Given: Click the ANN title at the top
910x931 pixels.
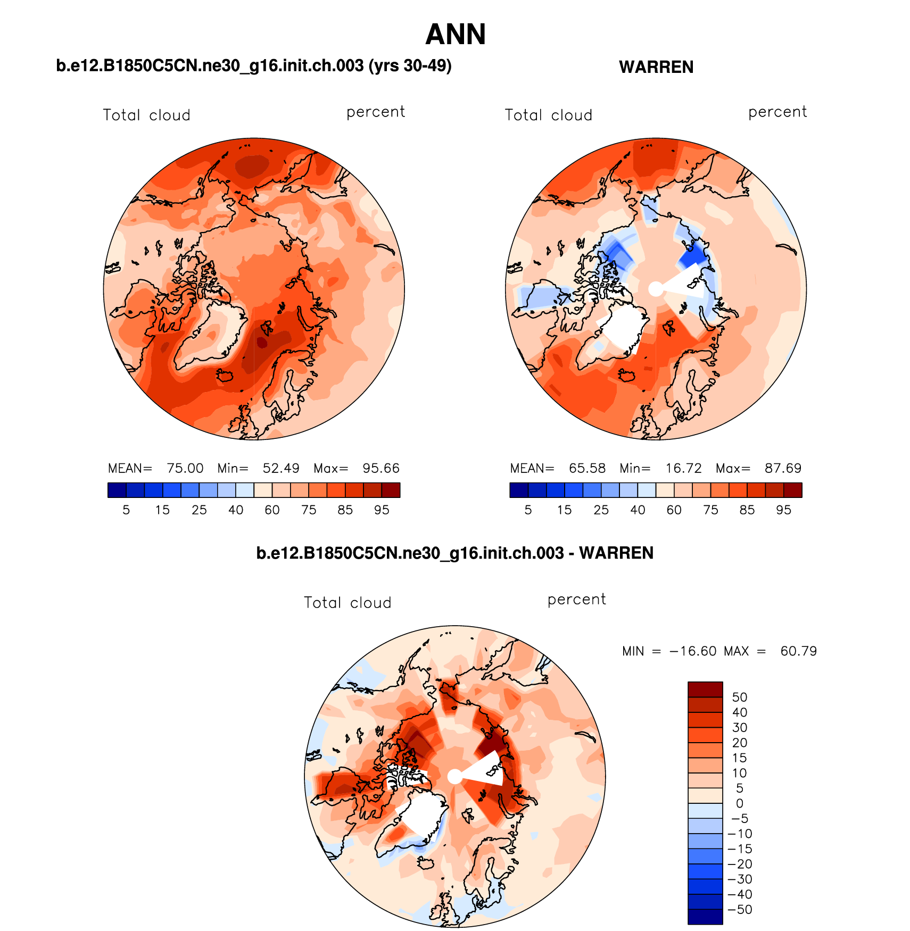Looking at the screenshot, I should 456,35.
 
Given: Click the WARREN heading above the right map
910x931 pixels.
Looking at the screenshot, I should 656,67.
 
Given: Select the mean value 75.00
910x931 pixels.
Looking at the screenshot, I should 185,468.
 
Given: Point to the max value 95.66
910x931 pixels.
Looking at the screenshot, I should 380,468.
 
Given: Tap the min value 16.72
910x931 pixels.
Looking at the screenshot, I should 683,468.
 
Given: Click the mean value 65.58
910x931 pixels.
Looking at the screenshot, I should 587,468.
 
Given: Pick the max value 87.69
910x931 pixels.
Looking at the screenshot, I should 783,468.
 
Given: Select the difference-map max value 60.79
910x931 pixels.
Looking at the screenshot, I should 798,651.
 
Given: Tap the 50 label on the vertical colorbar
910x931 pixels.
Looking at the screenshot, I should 739,697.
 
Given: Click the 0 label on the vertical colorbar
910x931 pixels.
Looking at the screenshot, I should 739,803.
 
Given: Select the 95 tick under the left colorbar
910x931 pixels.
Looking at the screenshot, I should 382,510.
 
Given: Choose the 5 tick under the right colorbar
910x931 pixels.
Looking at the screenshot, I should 528,510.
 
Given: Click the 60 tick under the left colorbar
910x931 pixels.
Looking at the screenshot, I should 272,510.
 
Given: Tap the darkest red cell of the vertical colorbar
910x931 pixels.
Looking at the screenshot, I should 705,689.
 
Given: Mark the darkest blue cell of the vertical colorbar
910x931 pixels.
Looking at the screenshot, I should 705,917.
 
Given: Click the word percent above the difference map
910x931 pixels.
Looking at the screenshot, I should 576,600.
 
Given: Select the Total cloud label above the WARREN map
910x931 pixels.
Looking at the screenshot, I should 548,115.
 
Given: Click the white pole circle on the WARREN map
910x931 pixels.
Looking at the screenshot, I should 656,289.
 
